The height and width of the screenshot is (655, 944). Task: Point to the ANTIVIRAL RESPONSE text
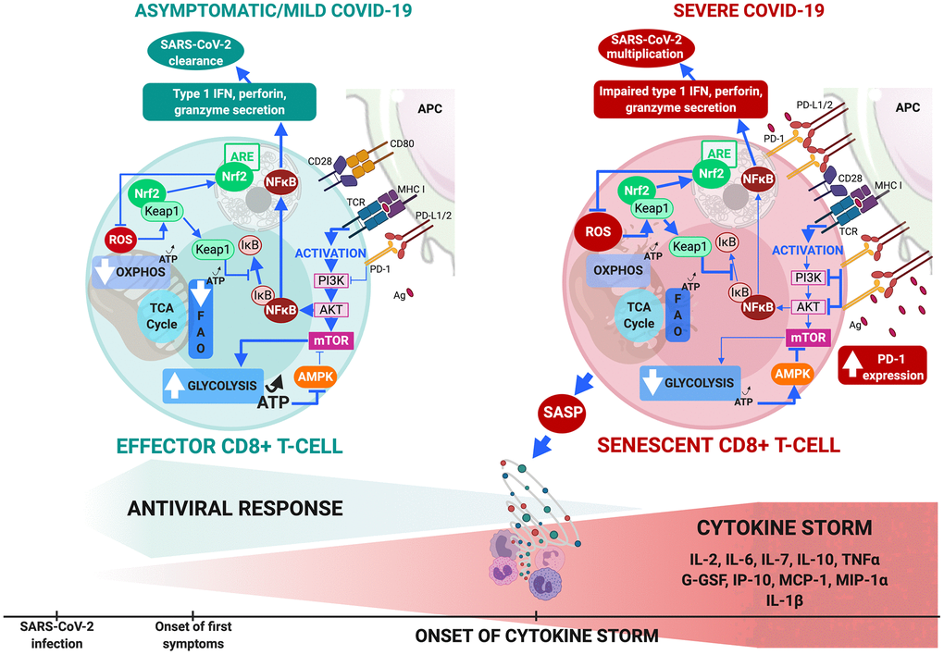tap(235, 508)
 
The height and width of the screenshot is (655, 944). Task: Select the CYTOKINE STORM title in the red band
tap(797, 528)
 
